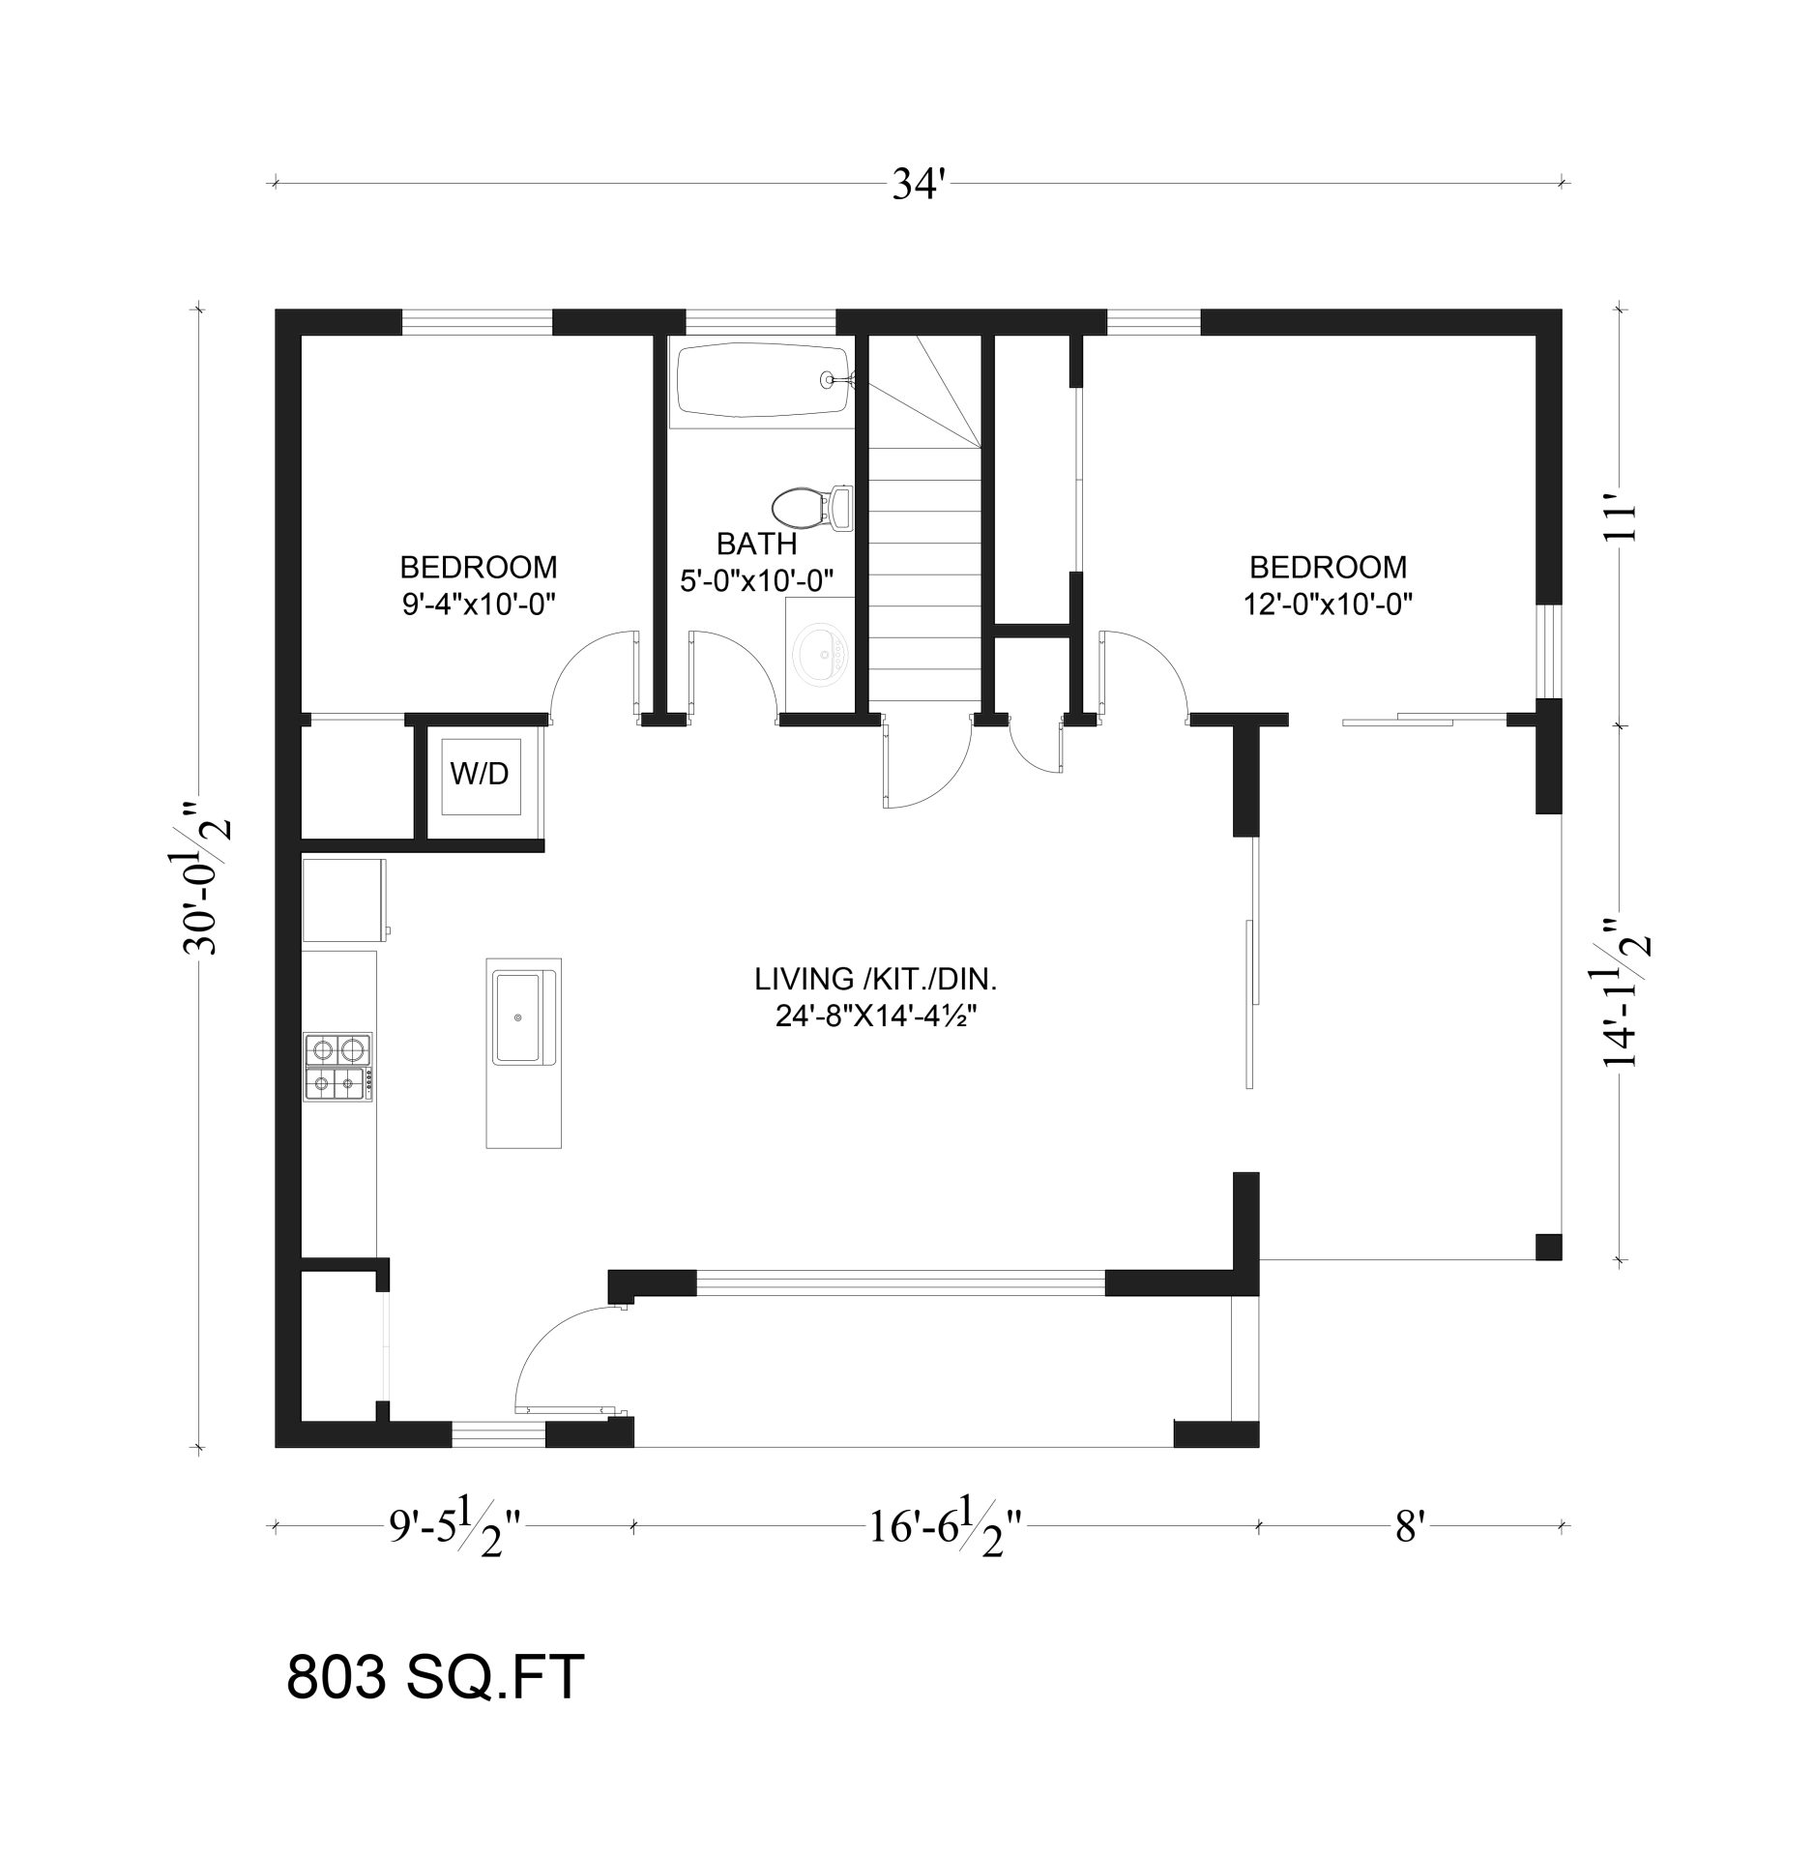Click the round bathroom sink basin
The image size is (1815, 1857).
tap(818, 657)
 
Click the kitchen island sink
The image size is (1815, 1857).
tap(520, 1017)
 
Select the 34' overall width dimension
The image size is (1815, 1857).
tap(917, 183)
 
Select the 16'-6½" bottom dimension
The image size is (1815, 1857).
tap(944, 1527)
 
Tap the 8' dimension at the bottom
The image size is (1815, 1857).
tap(1411, 1527)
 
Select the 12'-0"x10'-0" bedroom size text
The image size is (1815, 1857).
tap(1328, 604)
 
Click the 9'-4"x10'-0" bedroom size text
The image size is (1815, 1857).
tap(478, 604)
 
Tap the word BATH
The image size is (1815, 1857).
tap(756, 544)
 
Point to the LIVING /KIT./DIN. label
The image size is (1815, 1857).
tap(875, 979)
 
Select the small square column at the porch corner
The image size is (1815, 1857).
tap(1548, 1247)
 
